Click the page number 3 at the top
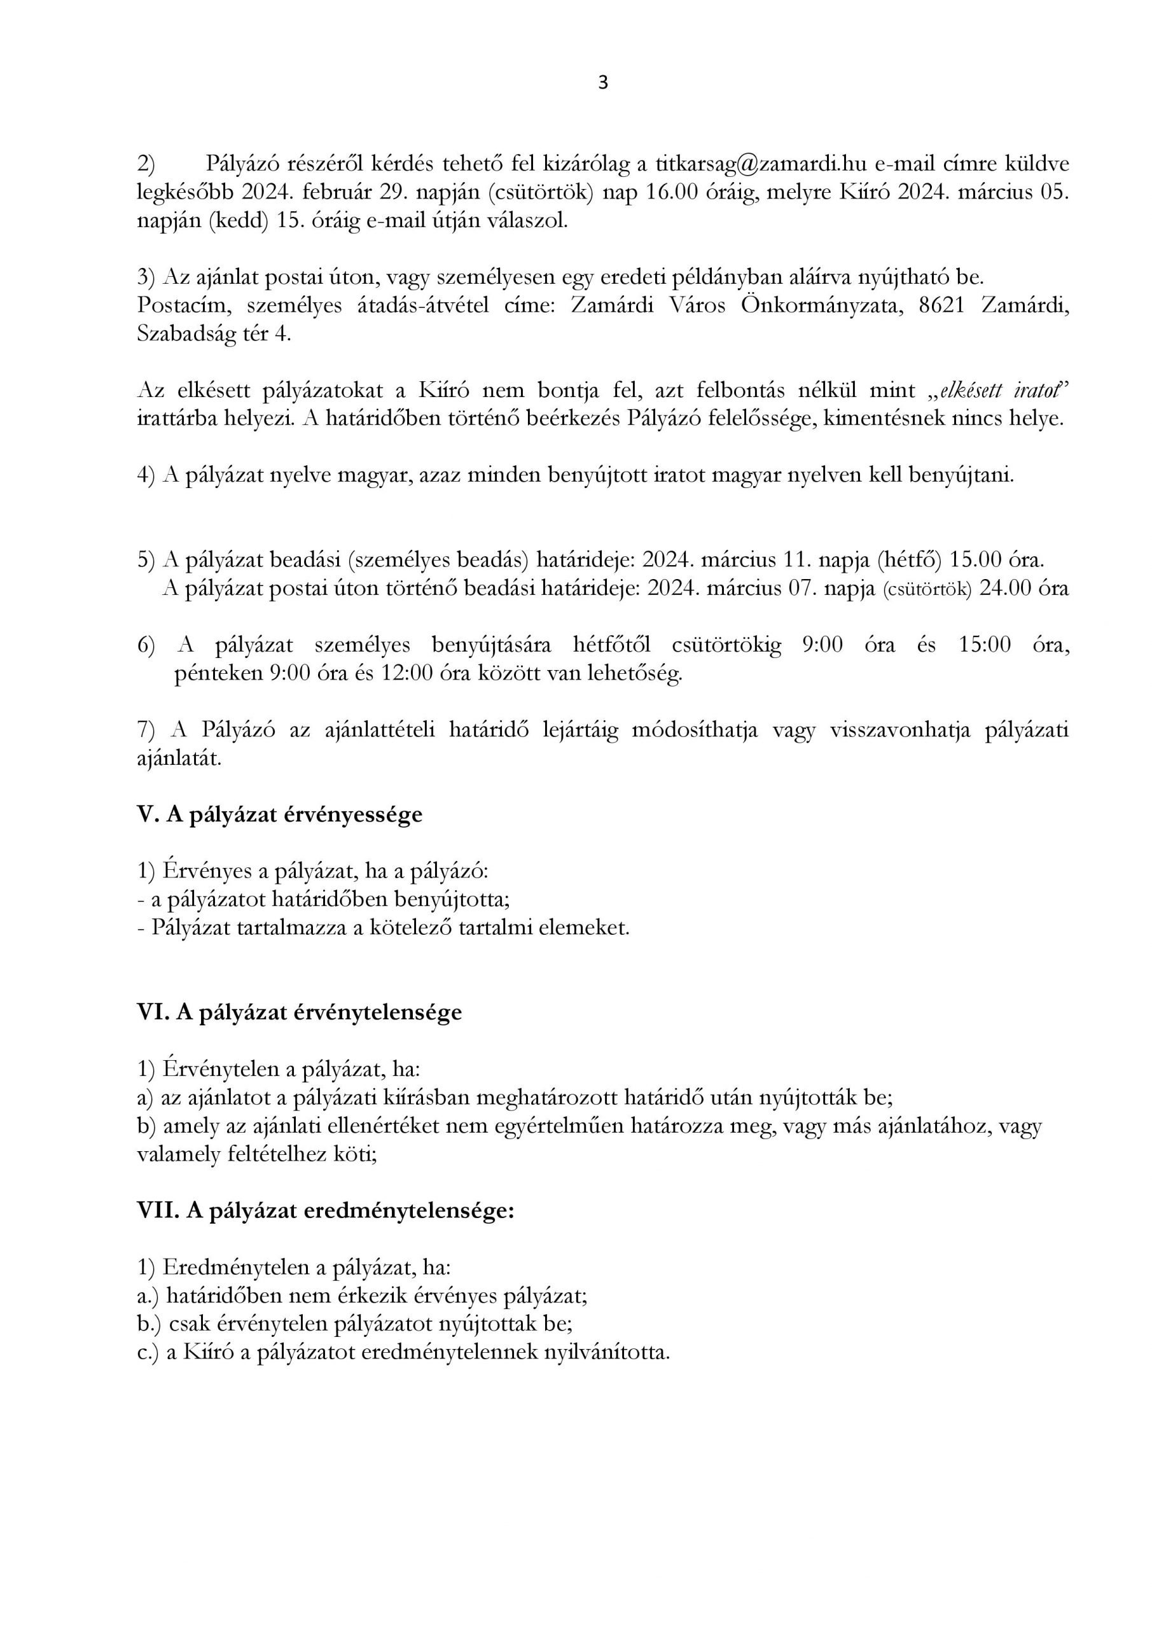tap(603, 83)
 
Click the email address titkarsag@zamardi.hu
tap(752, 164)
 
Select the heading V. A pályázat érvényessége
tap(279, 814)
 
